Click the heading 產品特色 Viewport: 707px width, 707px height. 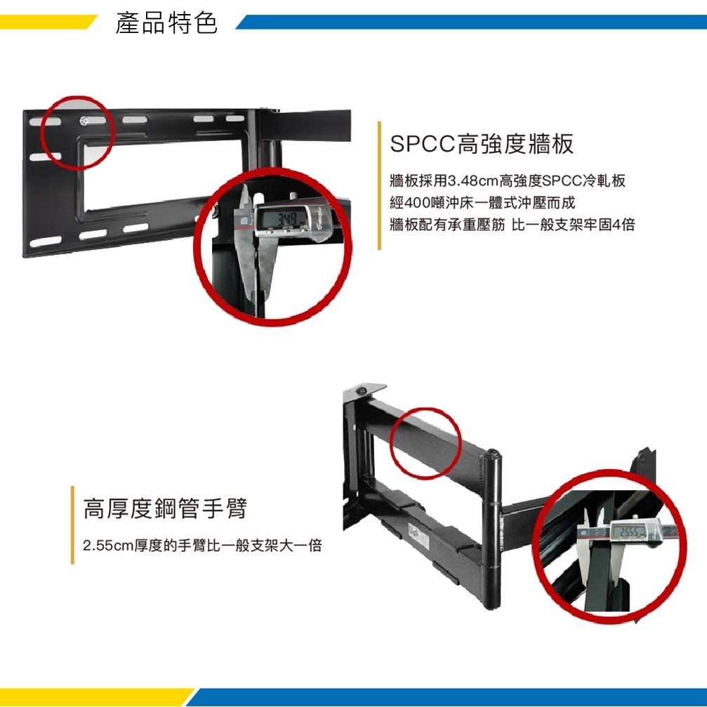[166, 23]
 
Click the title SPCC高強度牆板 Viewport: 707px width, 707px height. [482, 144]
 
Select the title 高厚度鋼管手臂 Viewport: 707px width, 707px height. [165, 508]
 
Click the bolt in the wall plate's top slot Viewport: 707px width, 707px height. [84, 120]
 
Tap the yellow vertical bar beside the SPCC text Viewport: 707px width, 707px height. [379, 185]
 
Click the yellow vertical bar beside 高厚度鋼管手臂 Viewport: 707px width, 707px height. [72, 525]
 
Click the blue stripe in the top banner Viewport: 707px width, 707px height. [471, 22]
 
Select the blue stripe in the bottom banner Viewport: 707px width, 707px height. [447, 697]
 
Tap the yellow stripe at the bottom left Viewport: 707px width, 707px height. [95, 697]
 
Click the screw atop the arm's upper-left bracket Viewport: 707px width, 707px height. [361, 390]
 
